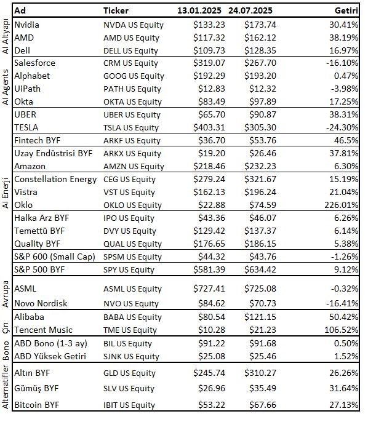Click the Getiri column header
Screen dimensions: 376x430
(x=346, y=10)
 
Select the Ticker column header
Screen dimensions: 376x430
(x=116, y=10)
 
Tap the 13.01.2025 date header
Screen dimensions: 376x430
(x=199, y=10)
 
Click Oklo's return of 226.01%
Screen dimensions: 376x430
(x=342, y=205)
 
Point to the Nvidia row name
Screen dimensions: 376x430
(x=26, y=25)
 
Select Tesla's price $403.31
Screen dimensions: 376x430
(x=209, y=127)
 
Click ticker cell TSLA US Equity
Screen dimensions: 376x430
(x=131, y=127)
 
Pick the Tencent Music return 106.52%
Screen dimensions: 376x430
(x=342, y=330)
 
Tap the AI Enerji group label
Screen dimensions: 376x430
(x=6, y=193)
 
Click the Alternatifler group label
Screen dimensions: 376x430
(x=6, y=387)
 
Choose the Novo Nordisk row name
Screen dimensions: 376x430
(x=41, y=303)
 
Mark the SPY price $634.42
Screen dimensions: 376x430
(x=260, y=269)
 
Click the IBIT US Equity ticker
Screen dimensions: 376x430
(x=129, y=405)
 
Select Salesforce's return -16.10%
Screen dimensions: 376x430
(x=342, y=63)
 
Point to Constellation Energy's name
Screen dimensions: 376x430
(x=55, y=180)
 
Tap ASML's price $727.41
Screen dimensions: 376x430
(x=209, y=289)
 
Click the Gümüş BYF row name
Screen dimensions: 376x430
(x=36, y=389)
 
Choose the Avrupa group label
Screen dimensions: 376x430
(x=6, y=294)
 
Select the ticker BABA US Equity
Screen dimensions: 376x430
(x=132, y=317)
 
